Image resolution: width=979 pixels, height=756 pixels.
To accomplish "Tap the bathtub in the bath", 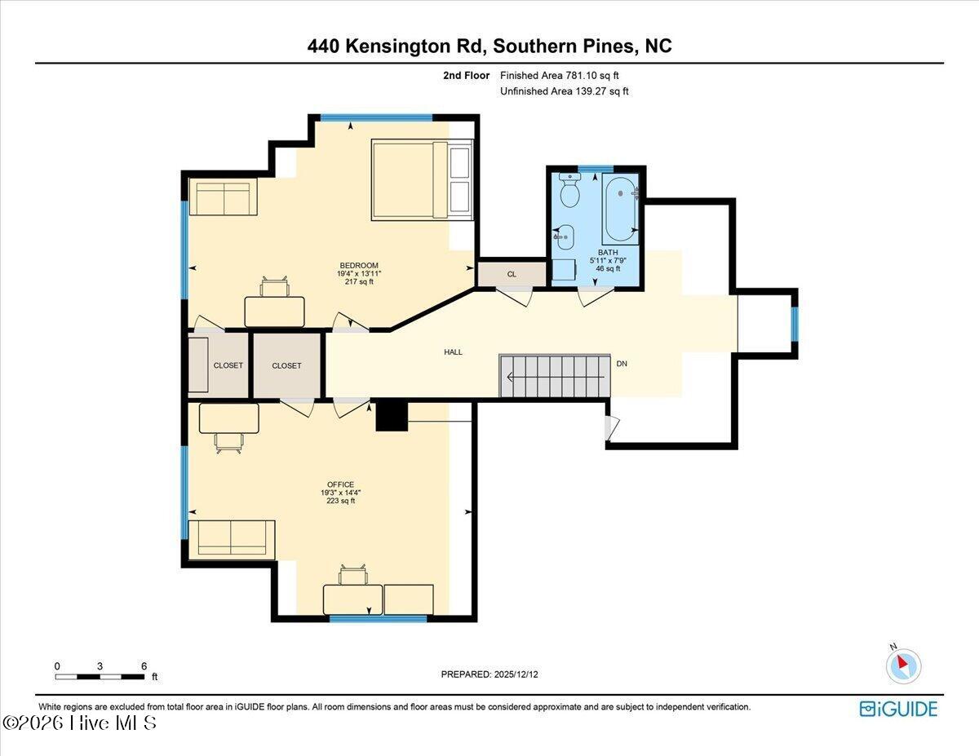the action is (621, 210).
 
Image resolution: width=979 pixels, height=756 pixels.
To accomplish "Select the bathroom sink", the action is (564, 237).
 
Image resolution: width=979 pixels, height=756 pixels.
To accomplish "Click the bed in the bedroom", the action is (422, 179).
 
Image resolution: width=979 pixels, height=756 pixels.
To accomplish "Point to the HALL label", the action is (454, 352).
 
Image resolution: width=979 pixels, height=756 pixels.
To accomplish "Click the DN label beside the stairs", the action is (622, 364).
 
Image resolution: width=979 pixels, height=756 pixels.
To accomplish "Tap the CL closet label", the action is (512, 274).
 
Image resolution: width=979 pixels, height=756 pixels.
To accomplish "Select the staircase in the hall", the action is (555, 375).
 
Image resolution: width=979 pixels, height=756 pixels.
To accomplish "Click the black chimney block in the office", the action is (392, 417).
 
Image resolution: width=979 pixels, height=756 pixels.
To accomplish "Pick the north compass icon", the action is (903, 666).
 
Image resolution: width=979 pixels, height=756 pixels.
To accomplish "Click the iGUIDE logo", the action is (898, 709).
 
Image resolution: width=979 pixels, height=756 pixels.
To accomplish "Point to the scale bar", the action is (100, 677).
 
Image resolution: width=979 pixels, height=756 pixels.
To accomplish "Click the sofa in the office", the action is (232, 541).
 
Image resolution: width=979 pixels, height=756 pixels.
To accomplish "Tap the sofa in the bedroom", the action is (223, 197).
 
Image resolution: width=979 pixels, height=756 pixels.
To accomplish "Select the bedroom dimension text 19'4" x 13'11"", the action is (359, 274).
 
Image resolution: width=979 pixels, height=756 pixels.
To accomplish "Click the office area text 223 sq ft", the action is (340, 501).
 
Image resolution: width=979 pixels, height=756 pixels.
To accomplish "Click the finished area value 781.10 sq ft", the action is (592, 76).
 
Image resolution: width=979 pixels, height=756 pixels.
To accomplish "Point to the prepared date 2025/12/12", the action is (516, 674).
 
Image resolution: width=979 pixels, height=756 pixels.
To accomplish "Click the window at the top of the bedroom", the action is (377, 118).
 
